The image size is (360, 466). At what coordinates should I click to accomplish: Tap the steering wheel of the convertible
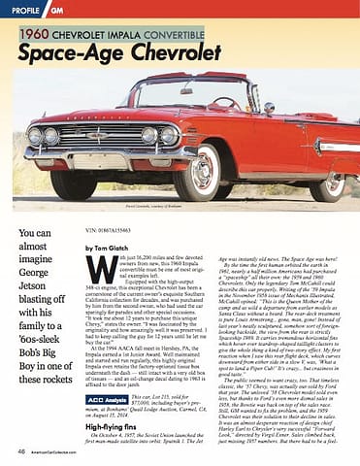click(x=223, y=101)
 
